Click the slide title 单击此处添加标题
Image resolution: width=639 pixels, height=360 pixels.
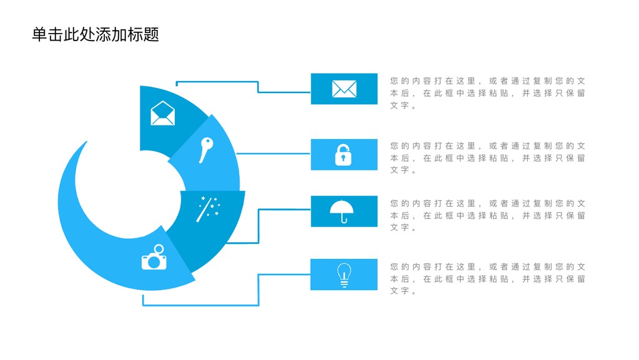click(x=95, y=34)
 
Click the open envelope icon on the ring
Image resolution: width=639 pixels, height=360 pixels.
click(x=163, y=113)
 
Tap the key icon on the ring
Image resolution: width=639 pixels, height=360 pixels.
click(x=206, y=150)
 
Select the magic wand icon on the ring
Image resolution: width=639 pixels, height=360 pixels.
click(x=208, y=209)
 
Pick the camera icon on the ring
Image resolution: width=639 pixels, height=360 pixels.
click(x=154, y=257)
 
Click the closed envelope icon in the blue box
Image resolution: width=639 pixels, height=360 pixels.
click(x=344, y=89)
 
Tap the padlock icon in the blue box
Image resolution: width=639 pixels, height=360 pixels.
click(x=343, y=155)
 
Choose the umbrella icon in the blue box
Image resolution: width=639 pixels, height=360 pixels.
click(x=341, y=212)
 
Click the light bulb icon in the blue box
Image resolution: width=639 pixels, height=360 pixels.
click(x=344, y=275)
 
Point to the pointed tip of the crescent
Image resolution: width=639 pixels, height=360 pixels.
click(x=86, y=141)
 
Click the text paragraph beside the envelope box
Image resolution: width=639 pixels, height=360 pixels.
click(x=487, y=93)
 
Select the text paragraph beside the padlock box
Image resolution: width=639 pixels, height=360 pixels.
click(x=487, y=158)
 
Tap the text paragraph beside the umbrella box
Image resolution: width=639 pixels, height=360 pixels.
click(x=487, y=215)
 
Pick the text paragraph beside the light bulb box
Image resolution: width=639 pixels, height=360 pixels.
click(x=487, y=279)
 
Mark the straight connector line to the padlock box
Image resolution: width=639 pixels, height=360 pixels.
click(x=273, y=153)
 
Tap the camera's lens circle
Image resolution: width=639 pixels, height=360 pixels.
click(x=154, y=262)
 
